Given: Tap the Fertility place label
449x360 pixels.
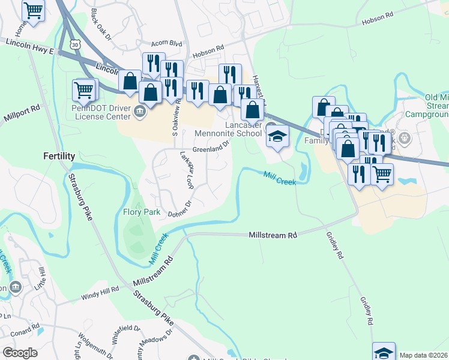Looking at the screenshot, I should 59,155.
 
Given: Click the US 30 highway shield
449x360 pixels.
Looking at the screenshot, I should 74,44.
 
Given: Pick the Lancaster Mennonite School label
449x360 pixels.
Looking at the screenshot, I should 228,129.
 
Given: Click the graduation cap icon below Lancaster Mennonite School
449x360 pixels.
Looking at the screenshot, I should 277,137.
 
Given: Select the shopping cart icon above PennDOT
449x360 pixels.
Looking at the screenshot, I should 84,90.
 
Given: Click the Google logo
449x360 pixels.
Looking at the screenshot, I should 20,353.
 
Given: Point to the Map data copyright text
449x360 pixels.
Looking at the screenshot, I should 423,355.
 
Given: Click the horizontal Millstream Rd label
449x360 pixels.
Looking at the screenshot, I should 273,236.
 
